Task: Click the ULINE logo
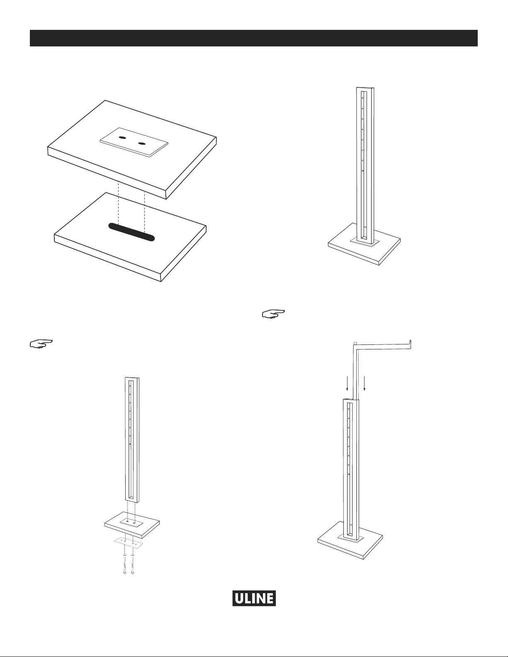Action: click(x=254, y=598)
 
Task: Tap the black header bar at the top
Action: click(x=254, y=38)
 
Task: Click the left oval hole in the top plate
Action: click(x=122, y=138)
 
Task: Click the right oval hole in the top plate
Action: click(x=142, y=143)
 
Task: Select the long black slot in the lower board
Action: click(x=131, y=232)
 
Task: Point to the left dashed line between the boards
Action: click(x=119, y=203)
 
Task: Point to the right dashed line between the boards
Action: click(x=145, y=213)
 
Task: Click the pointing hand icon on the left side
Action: click(x=41, y=344)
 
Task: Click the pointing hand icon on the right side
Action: click(x=273, y=314)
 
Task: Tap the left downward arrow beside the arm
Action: click(x=348, y=383)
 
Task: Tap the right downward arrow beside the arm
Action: click(x=365, y=383)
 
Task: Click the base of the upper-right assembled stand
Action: click(x=364, y=244)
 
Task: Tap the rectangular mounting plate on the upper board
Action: click(x=134, y=142)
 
